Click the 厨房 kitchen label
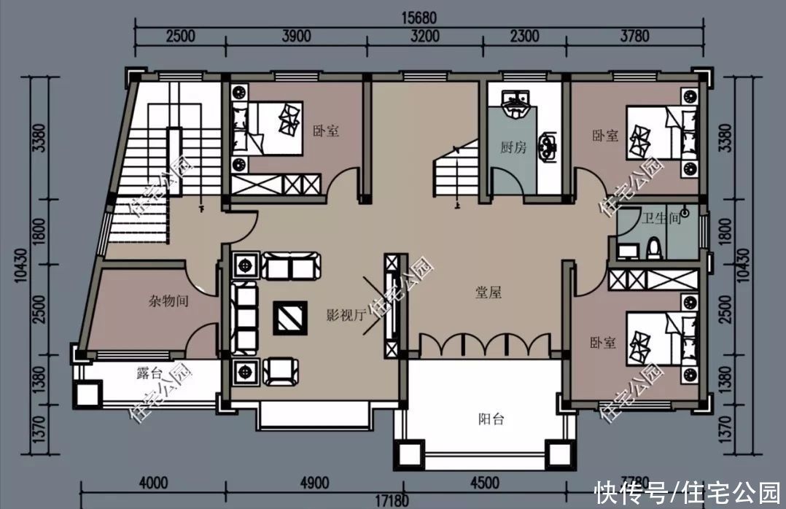513,147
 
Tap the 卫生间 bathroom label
661,217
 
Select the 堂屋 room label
488,292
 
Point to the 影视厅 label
345,315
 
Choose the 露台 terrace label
149,373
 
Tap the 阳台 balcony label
491,419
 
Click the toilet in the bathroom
654,248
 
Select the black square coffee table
289,318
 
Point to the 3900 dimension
296,36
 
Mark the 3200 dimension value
425,36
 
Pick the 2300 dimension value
524,36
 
